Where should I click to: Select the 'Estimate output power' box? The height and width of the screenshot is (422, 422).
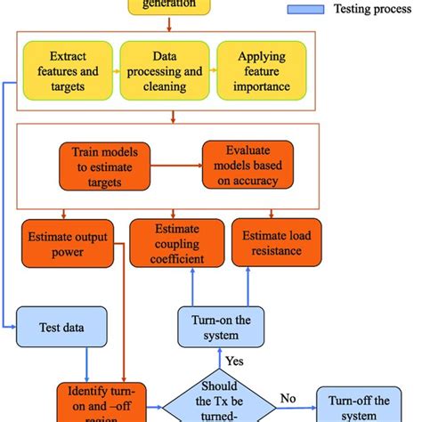coord(68,244)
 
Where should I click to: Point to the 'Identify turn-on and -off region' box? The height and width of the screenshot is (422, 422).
coord(100,402)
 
